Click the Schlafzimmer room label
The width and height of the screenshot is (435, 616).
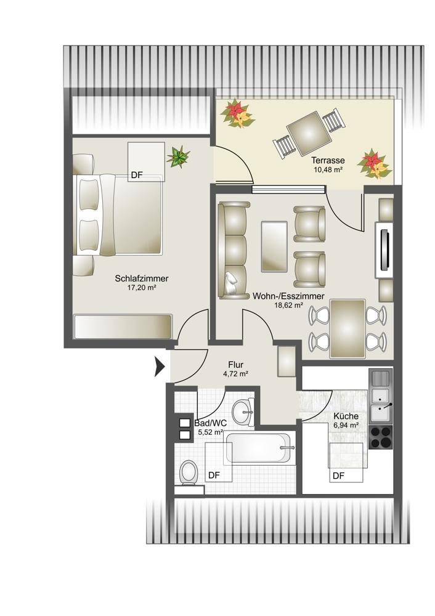(142, 278)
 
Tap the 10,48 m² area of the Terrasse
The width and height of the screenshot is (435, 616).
(328, 170)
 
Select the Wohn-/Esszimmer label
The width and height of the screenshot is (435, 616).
(288, 296)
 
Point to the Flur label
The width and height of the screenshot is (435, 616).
(235, 365)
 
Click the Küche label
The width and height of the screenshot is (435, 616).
(346, 416)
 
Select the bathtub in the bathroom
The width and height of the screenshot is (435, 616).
(259, 448)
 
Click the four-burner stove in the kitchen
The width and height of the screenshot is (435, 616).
(381, 437)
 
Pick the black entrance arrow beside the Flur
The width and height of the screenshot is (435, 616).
(160, 367)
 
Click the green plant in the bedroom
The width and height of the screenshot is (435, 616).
(179, 156)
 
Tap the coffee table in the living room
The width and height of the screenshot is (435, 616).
(274, 246)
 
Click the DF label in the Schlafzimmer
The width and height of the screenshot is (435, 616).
(137, 175)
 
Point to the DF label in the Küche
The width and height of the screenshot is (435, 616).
(338, 476)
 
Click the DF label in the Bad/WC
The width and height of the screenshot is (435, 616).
(214, 476)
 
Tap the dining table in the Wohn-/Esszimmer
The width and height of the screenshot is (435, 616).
(348, 328)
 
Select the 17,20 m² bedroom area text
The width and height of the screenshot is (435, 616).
(142, 288)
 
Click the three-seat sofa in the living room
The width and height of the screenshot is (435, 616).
(234, 251)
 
